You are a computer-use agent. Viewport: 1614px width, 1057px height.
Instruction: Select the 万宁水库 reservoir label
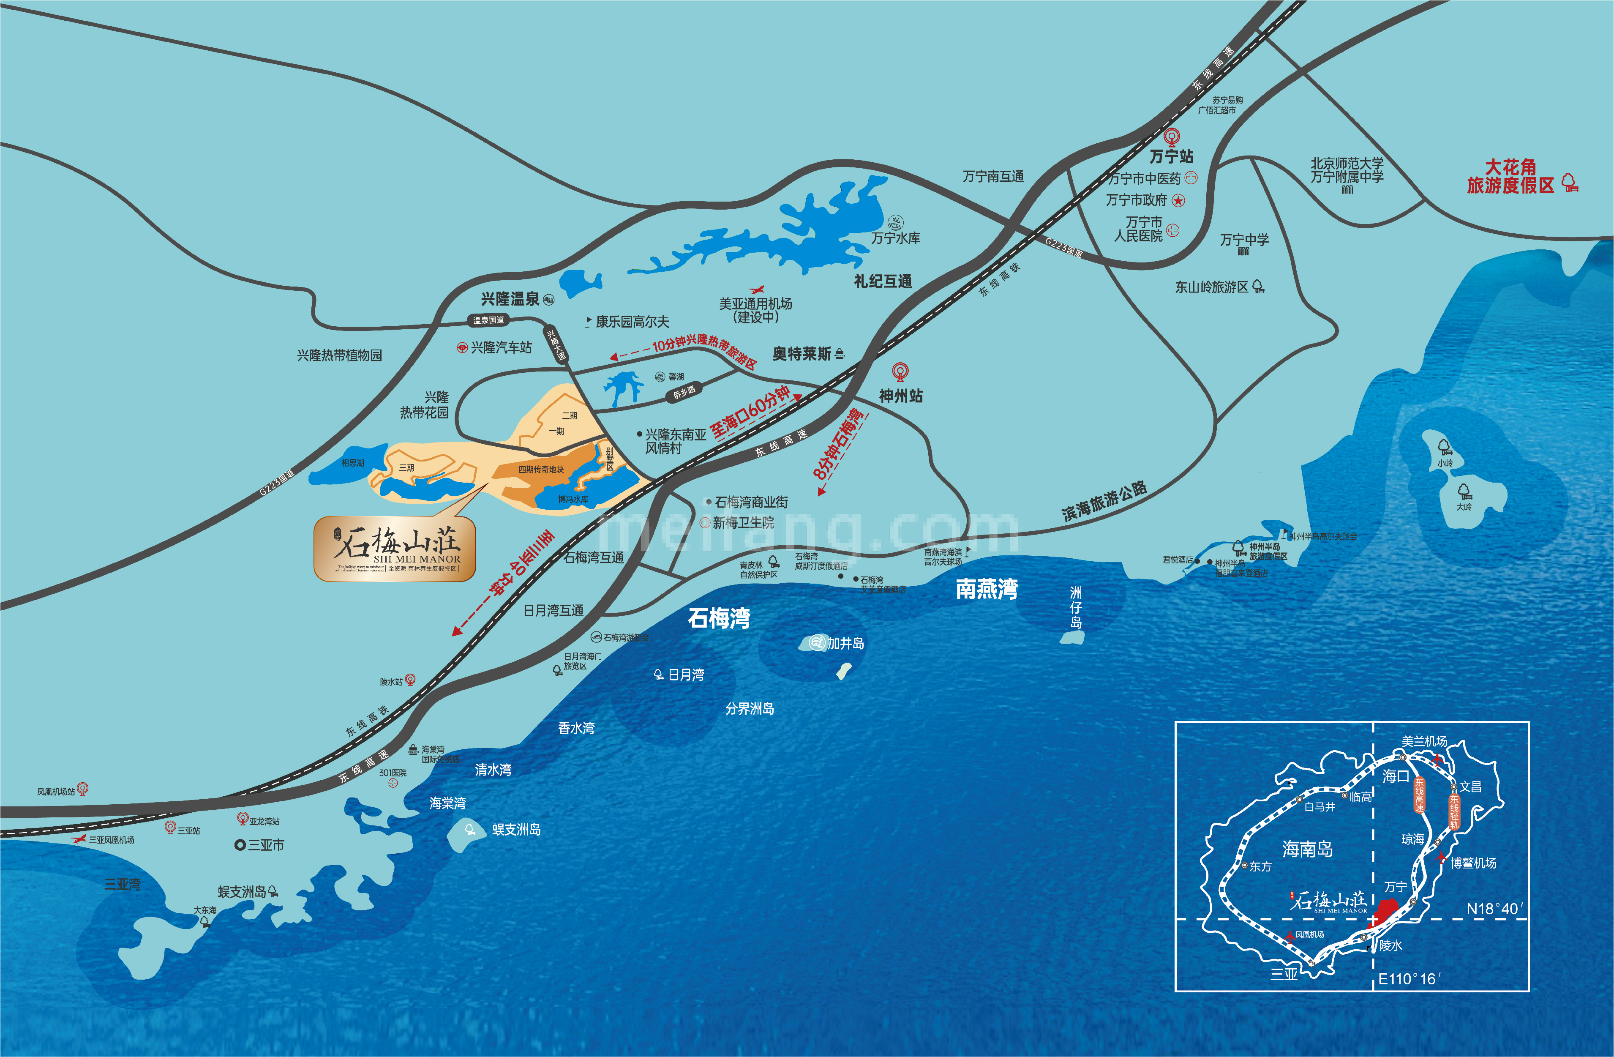tap(895, 238)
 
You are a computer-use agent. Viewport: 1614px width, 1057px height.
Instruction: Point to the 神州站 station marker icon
tap(900, 371)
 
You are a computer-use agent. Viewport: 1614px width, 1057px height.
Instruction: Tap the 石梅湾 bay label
tap(719, 618)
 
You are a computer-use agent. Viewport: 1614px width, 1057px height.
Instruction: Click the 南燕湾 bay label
tap(987, 589)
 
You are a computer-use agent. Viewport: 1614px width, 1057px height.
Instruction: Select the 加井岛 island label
tap(845, 643)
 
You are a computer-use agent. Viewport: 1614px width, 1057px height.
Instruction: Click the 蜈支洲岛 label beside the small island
tap(516, 829)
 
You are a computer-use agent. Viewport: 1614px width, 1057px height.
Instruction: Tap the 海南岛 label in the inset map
tap(1307, 849)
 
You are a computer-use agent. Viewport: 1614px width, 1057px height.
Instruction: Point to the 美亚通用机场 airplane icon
tap(756, 290)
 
